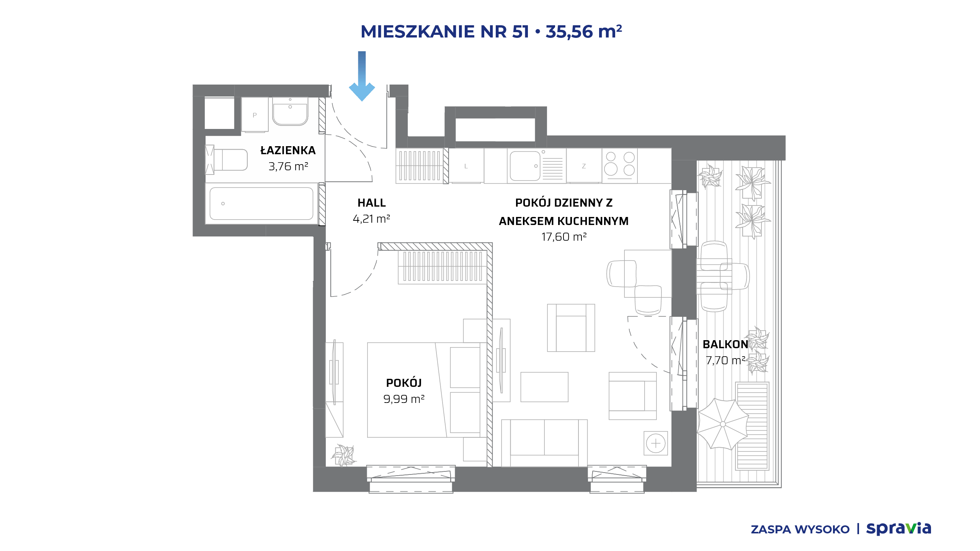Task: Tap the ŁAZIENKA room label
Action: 288,150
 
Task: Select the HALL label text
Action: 371,203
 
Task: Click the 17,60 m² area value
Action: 564,237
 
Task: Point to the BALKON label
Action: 725,344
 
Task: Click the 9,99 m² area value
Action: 404,399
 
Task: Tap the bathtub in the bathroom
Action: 261,204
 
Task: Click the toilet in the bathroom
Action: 227,160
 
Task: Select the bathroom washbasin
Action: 290,111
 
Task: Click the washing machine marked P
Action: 255,115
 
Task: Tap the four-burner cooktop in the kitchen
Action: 620,166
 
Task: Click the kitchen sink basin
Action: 525,166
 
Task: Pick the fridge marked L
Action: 466,166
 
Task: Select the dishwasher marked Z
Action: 584,166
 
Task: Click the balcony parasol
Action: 723,424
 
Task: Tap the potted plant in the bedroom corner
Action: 344,455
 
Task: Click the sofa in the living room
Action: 544,443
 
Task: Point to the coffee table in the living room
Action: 544,387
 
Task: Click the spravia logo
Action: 898,528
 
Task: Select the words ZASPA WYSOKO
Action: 800,530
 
